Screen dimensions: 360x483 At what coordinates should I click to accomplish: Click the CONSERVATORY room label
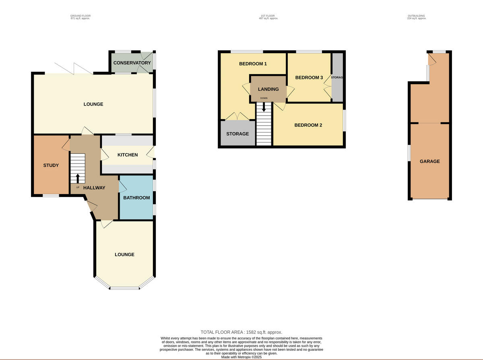[x=132, y=63]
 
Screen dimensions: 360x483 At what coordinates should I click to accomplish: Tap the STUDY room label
[x=51, y=165]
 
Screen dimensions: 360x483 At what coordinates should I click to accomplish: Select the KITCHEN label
[x=128, y=155]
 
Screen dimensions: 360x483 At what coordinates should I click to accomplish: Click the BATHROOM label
[x=136, y=198]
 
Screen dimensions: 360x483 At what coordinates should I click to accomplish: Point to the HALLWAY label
[x=94, y=188]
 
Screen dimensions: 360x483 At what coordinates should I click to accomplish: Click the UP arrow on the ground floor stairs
[x=78, y=178]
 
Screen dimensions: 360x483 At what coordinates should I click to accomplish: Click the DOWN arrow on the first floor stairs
[x=264, y=107]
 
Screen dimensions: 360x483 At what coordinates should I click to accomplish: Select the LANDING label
[x=268, y=89]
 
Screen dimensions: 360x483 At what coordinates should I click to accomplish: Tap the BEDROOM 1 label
[x=253, y=64]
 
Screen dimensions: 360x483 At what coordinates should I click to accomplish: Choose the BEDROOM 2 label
[x=308, y=125]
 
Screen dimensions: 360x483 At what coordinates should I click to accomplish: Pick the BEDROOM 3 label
[x=309, y=78]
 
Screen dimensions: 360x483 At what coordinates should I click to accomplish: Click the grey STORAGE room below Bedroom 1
[x=237, y=134]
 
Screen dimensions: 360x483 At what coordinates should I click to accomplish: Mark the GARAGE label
[x=430, y=161]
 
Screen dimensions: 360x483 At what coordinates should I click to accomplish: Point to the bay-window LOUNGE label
[x=124, y=254]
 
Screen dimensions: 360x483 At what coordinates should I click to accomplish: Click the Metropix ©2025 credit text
[x=242, y=357]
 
